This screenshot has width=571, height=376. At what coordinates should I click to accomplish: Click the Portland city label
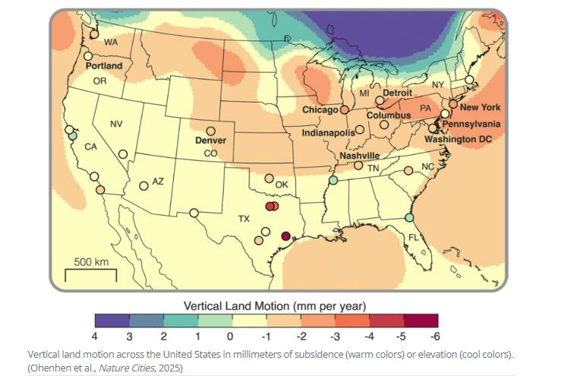[x=103, y=66]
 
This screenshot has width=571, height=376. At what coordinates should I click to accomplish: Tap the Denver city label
[x=211, y=141]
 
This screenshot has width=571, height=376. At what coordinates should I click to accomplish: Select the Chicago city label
[x=320, y=110]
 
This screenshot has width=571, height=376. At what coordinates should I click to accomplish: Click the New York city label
[x=480, y=108]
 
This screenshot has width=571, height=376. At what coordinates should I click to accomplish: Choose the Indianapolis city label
[x=328, y=132]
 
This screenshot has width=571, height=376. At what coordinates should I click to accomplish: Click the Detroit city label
[x=397, y=93]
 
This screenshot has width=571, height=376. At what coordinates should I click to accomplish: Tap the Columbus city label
[x=388, y=115]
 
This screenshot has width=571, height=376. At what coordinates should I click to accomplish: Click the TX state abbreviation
[x=244, y=219]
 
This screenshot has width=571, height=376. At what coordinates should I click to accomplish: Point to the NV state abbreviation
[x=116, y=124]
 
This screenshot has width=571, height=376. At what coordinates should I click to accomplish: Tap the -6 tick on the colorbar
[x=434, y=336]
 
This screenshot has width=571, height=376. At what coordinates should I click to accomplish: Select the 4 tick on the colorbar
[x=95, y=336]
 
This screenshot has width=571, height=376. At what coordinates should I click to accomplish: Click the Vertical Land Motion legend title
[x=276, y=305]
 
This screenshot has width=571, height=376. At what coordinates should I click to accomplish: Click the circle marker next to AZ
[x=144, y=185]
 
